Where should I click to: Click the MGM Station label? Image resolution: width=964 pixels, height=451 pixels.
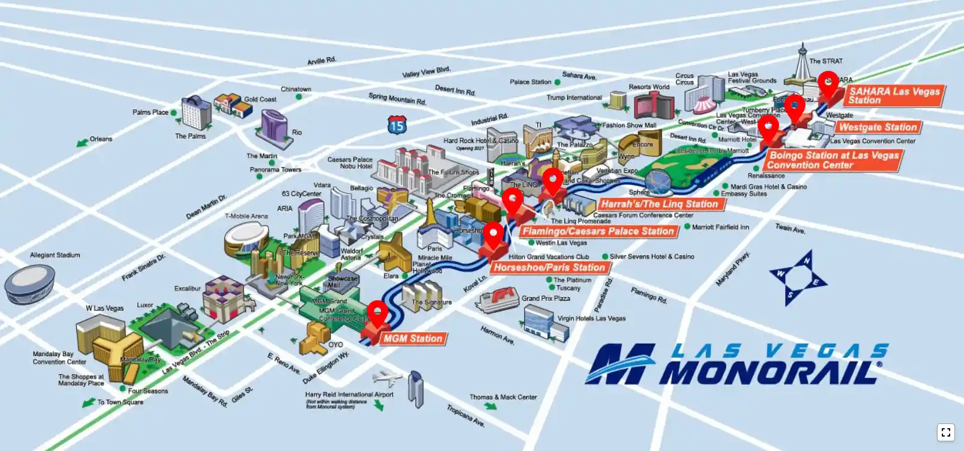click(x=413, y=339)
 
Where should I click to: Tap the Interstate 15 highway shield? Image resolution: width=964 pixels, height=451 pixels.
click(x=397, y=124)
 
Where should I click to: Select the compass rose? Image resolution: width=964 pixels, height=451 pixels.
click(x=798, y=277)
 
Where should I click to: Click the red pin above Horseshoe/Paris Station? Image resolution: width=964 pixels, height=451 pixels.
click(x=493, y=234)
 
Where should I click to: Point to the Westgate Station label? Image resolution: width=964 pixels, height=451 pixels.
click(x=878, y=127)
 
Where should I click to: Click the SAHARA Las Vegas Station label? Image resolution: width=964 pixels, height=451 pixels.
click(x=894, y=96)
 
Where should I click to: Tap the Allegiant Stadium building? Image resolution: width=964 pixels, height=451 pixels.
click(x=29, y=284)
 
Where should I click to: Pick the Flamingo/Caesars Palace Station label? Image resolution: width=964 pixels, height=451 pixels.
click(x=598, y=231)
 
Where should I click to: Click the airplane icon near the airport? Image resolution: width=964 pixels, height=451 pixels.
click(x=386, y=378)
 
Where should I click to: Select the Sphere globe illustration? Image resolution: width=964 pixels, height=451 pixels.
click(x=659, y=182)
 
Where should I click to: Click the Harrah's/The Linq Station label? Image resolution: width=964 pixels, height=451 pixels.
click(x=660, y=204)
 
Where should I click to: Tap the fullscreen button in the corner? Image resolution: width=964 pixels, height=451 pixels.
click(x=946, y=432)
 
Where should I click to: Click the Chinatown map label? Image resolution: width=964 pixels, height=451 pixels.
click(x=296, y=89)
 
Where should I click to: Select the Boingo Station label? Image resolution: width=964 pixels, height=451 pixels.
click(x=834, y=160)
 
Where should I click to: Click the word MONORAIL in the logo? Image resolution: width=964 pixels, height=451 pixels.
click(x=771, y=372)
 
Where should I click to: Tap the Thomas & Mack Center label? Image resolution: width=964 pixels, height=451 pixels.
click(x=503, y=397)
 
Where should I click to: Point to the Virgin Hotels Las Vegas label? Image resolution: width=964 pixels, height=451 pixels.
click(x=591, y=318)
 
